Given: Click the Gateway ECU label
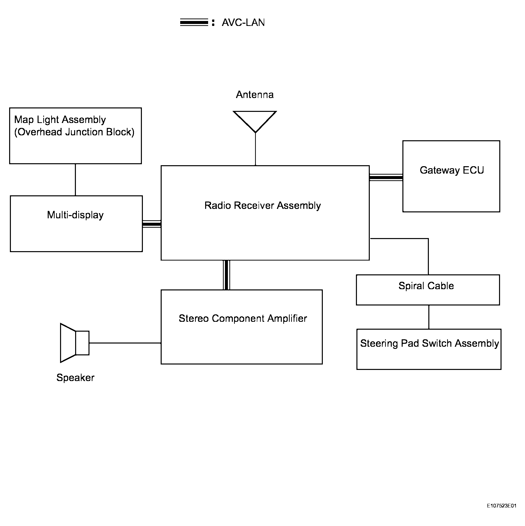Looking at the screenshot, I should pos(451,170).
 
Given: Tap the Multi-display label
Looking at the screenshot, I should pos(75,215).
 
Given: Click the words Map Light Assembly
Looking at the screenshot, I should pos(60,120).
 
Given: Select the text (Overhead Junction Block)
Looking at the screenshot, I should pos(74,132).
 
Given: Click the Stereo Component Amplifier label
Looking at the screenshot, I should pos(242,319).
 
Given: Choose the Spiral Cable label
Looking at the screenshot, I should pos(426,286).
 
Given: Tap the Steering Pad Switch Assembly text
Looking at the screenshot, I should pos(429,344).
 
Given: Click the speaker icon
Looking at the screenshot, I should pos(74,343).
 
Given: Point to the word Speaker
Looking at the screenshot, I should pos(75,378).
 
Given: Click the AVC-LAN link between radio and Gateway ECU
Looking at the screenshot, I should pos(386,178).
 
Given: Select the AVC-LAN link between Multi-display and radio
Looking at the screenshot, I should pos(152,224).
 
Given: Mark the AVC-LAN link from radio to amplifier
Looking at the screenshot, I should pos(226,275).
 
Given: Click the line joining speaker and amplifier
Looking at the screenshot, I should pos(125,343).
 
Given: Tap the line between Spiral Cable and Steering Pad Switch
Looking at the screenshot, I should pos(429,317).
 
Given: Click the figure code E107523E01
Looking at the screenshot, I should pos(502,506).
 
